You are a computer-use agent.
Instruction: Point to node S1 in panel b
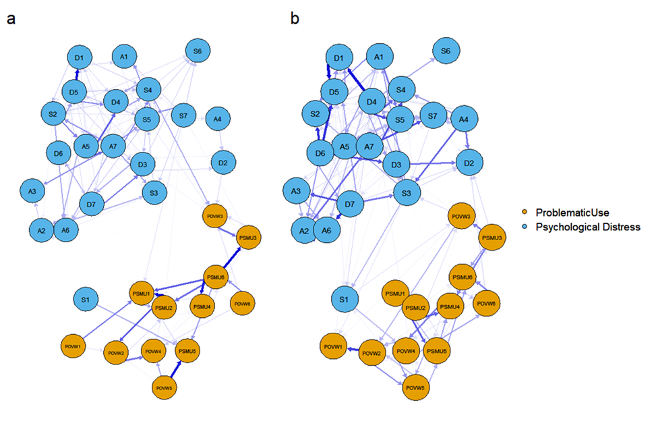click(345, 298)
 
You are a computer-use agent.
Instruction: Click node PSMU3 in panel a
click(249, 238)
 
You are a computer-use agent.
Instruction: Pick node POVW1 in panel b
click(334, 346)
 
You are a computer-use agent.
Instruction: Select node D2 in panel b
click(470, 163)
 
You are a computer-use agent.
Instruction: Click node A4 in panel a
click(217, 119)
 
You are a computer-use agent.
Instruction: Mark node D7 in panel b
click(349, 203)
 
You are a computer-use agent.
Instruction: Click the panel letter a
click(11, 19)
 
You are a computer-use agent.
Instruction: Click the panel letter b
click(295, 19)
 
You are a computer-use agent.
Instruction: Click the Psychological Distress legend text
click(588, 227)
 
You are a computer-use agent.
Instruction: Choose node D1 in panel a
click(79, 59)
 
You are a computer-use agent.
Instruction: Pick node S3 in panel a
click(154, 193)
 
